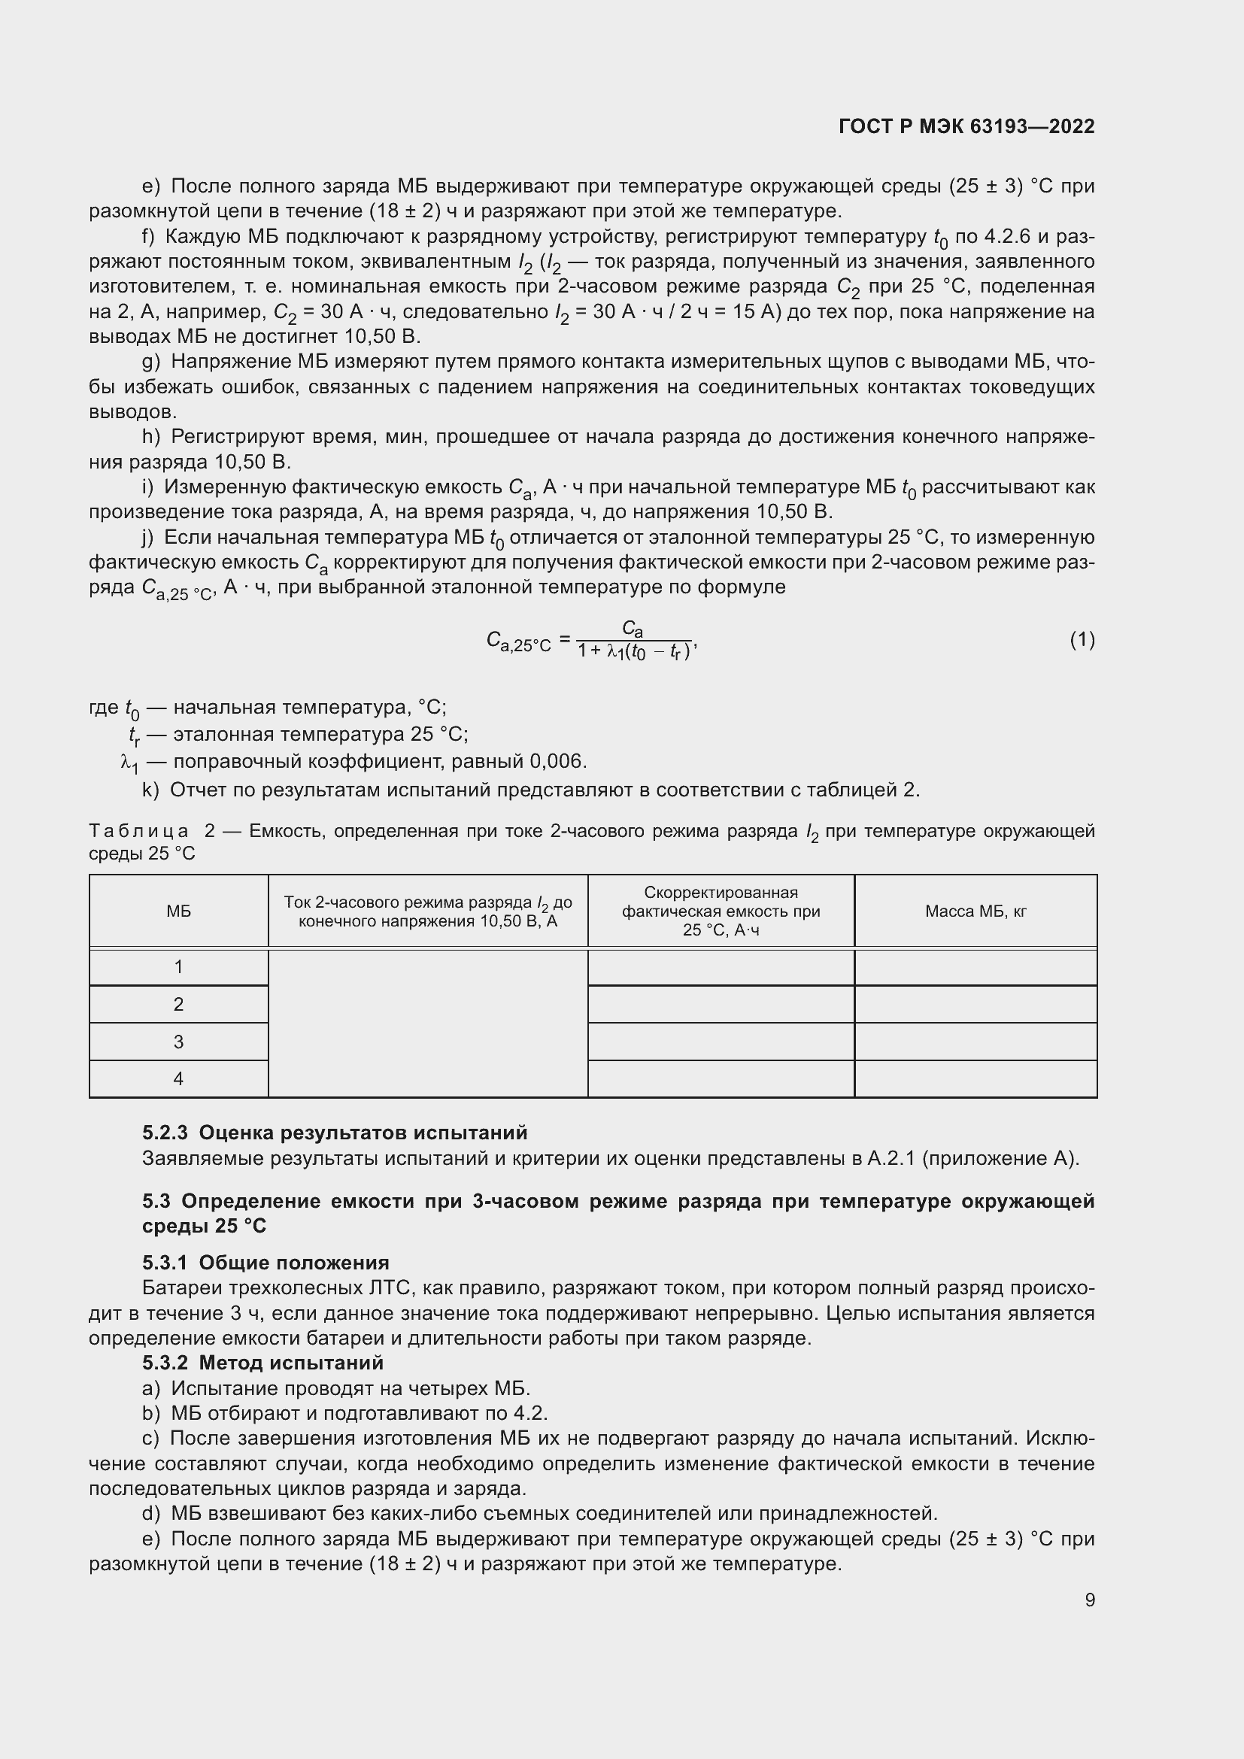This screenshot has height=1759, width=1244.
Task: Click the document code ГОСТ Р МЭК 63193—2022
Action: [966, 126]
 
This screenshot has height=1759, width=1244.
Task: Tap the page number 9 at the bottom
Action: [1089, 1600]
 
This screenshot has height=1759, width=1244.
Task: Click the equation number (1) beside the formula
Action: [1082, 640]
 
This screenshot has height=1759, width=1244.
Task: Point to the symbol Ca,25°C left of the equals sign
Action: [519, 642]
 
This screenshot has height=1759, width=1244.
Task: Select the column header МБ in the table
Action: [178, 911]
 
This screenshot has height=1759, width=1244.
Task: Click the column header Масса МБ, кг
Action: [975, 911]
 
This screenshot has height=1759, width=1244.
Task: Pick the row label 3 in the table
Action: [178, 1042]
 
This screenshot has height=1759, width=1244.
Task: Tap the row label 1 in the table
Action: [178, 968]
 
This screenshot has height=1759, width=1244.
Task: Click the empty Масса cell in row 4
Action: [975, 1078]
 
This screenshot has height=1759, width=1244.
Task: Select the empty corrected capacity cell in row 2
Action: [721, 1005]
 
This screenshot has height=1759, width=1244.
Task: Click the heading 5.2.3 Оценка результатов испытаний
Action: [335, 1133]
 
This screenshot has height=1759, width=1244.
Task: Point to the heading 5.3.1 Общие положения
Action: [265, 1263]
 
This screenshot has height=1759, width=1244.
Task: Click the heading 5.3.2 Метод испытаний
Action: [262, 1363]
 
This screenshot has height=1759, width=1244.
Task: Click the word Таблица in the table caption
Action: [138, 831]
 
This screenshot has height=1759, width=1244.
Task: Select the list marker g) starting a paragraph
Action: [151, 362]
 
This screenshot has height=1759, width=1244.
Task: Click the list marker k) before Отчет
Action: [150, 790]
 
